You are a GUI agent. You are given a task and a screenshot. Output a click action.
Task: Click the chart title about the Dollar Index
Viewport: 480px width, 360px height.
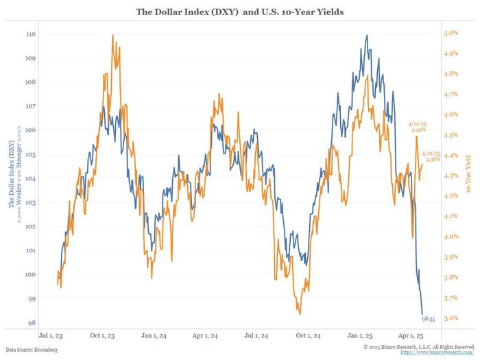point(240,12)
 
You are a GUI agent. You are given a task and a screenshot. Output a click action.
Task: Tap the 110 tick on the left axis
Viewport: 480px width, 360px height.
point(31,34)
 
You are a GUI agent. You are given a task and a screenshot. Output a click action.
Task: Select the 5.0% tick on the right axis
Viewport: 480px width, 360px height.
point(450,33)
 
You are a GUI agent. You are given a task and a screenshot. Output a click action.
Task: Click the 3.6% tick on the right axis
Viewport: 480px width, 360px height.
point(450,318)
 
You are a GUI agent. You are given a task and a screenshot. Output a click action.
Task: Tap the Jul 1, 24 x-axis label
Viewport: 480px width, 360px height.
point(259,336)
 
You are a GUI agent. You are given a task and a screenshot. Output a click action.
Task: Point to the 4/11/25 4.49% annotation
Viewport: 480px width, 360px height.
point(419,126)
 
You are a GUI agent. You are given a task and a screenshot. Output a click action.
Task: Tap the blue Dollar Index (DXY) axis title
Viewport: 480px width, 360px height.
point(12,176)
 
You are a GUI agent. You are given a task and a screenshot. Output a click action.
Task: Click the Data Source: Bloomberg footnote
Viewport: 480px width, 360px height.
point(33,350)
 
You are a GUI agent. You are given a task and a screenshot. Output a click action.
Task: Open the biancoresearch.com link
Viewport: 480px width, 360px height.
point(438,352)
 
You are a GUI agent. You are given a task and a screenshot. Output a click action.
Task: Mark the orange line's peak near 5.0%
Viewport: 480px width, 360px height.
point(112,35)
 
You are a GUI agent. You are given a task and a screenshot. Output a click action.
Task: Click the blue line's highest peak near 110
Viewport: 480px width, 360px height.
point(367,36)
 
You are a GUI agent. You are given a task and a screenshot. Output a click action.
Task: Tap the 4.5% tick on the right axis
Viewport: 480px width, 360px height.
point(450,135)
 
